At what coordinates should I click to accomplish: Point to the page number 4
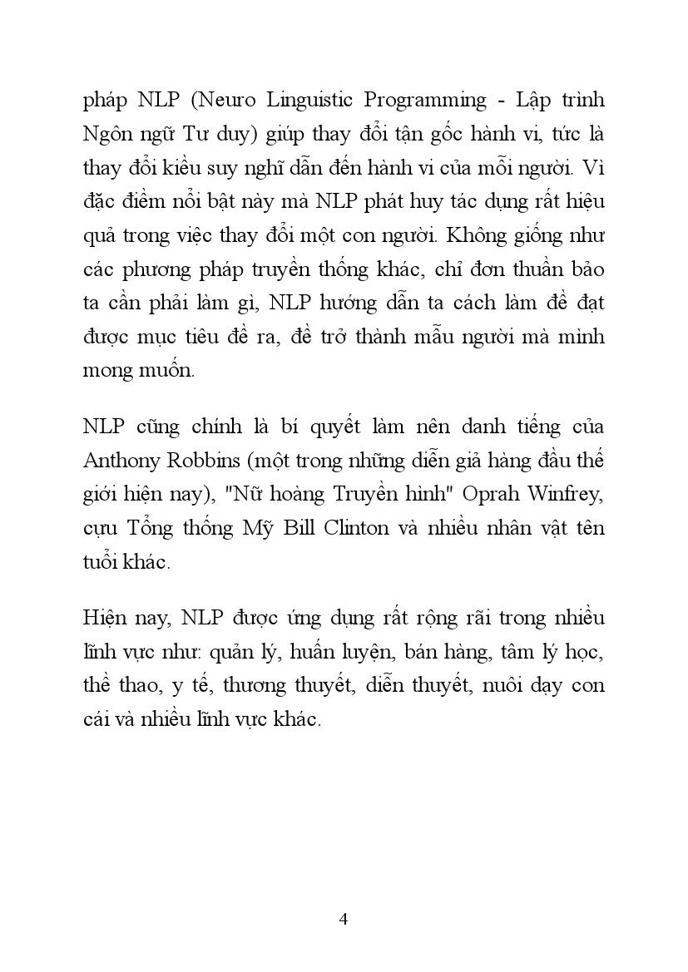(x=344, y=919)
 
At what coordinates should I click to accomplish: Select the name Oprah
(x=483, y=494)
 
